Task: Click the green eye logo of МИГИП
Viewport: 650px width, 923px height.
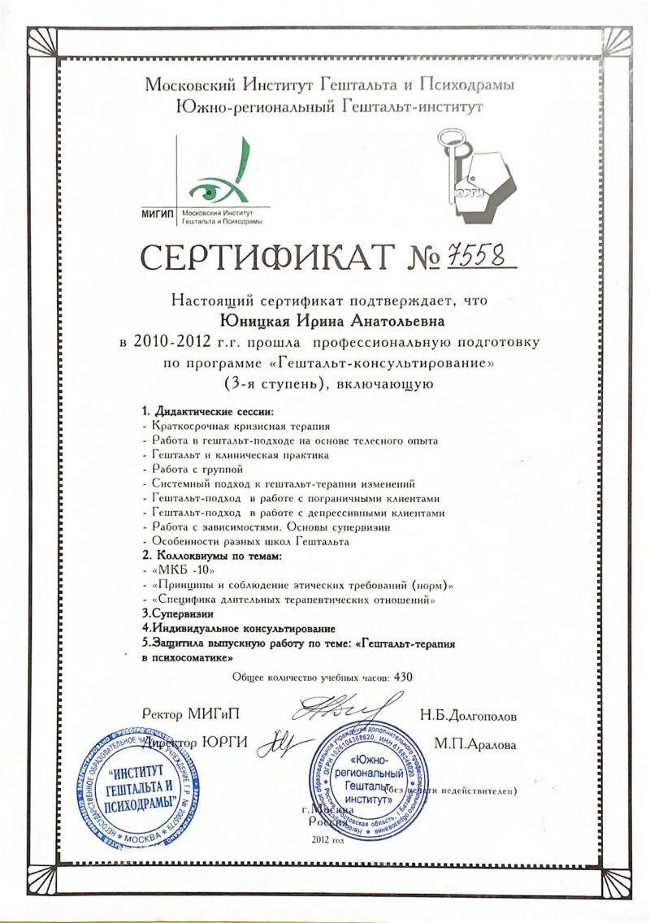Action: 213,186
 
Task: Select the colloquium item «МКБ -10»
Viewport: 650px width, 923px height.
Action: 173,571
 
